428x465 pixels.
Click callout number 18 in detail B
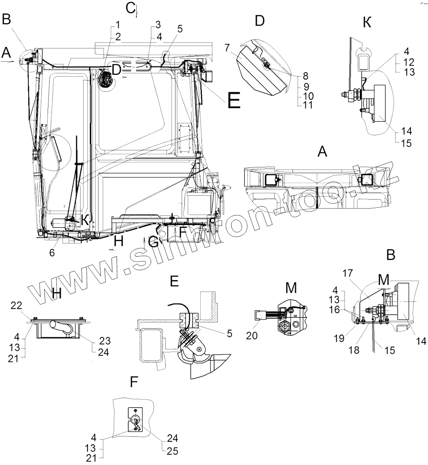click(354, 350)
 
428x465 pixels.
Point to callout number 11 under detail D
click(308, 105)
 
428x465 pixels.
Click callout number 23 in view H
click(105, 341)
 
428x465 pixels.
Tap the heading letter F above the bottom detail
click(134, 382)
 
